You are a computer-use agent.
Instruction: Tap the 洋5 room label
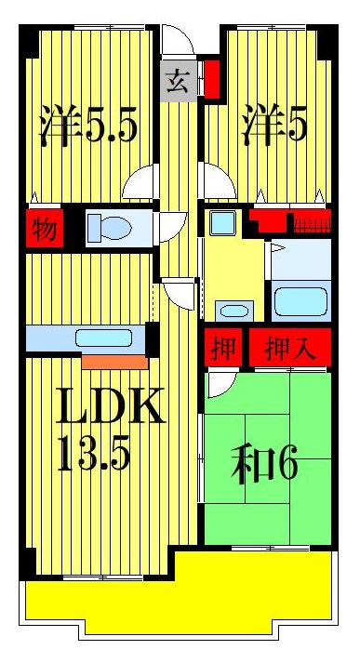coord(274,125)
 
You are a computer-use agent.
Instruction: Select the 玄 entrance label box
coord(178,82)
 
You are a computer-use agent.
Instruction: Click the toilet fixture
coord(109,227)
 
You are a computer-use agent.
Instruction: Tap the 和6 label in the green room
coord(266,462)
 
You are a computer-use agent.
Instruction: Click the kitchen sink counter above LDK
coord(88,338)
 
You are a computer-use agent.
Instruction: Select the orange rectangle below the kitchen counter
coord(113,361)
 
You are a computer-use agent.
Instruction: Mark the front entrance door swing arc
coord(177,41)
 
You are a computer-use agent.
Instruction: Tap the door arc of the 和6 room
coord(220,381)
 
